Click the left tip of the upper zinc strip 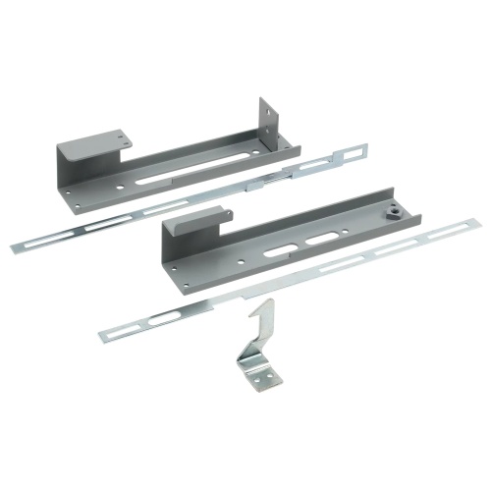pos(14,248)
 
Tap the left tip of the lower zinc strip pos(103,337)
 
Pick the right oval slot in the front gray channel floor pos(320,242)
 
